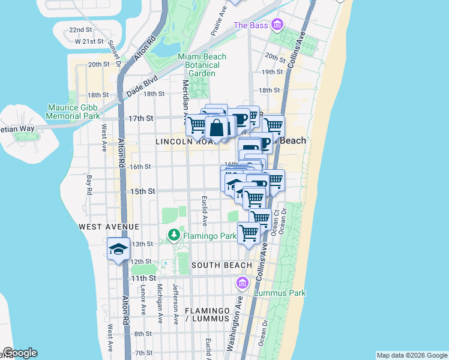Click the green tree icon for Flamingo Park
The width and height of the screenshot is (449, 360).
174,235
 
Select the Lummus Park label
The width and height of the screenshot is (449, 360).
280,293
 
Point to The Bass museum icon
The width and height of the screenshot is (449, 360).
277,25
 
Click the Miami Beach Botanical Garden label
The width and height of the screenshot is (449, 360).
202,65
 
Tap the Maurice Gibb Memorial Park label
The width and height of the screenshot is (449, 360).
73,111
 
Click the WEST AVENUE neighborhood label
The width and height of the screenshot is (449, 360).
109,227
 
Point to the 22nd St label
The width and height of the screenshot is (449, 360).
80,29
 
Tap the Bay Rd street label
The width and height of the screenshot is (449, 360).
88,185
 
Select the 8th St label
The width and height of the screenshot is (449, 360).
143,334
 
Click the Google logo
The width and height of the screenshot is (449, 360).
20,353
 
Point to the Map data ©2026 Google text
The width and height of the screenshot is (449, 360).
411,355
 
